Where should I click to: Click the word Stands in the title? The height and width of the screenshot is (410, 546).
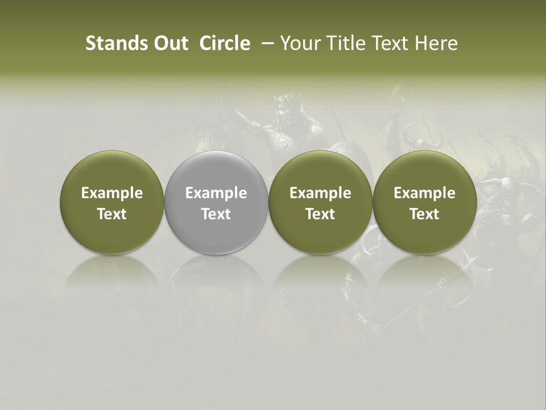110,43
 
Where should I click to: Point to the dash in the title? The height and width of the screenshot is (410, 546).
266,44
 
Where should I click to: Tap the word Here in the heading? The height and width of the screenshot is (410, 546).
437,43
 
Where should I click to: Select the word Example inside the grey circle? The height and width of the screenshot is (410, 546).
216,193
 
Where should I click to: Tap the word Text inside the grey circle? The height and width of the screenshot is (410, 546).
216,214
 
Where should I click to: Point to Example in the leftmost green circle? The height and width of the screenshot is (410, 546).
111,193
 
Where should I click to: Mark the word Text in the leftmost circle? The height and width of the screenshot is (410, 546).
111,214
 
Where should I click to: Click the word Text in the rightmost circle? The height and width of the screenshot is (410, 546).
424,214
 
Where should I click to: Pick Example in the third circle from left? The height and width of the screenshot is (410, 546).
320,193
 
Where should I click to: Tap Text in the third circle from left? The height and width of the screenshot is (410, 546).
320,214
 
